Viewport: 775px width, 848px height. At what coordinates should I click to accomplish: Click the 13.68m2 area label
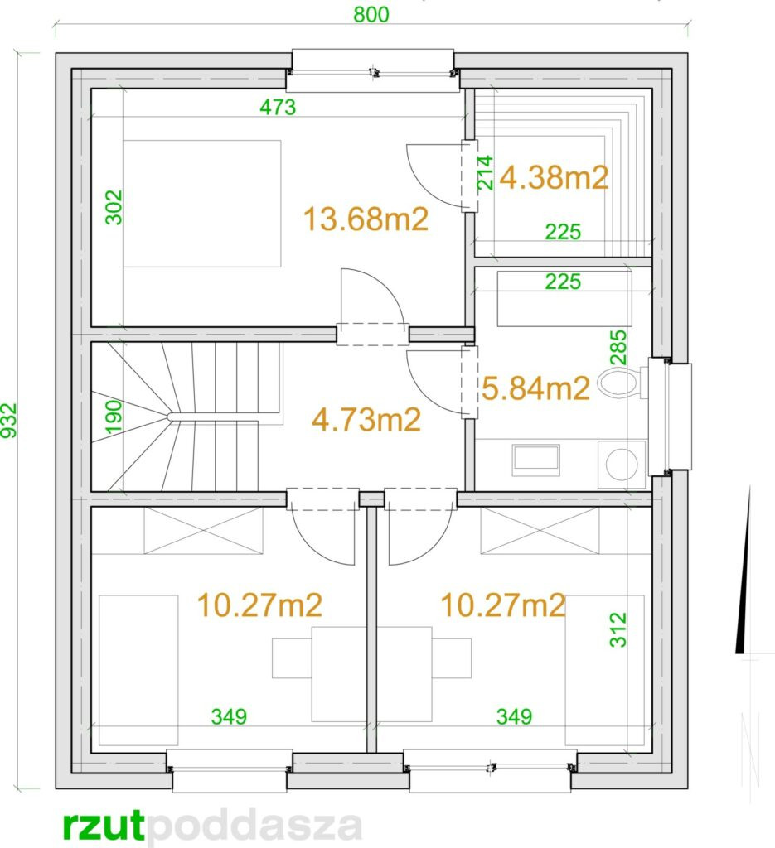tap(366, 219)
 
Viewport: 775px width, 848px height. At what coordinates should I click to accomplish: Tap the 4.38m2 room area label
tap(554, 177)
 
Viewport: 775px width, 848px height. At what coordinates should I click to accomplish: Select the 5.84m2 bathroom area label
tap(535, 388)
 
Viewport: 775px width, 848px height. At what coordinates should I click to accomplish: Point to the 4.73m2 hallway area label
tap(366, 420)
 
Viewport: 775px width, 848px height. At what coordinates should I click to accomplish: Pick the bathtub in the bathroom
tap(564, 298)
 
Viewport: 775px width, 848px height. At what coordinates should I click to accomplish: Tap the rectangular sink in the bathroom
tap(535, 460)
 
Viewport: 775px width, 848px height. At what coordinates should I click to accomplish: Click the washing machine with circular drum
tap(622, 465)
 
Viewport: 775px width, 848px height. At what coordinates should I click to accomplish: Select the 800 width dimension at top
tap(371, 15)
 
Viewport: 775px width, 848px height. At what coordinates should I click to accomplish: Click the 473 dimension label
tap(278, 107)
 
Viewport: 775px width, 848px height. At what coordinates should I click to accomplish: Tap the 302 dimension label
tap(114, 207)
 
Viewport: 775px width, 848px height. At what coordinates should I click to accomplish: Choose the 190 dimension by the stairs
tap(114, 417)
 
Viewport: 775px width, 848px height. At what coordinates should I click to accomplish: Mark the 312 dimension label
tap(618, 629)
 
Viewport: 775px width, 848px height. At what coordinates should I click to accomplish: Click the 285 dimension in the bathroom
tap(618, 347)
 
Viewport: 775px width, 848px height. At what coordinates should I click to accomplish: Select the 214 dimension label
tap(486, 172)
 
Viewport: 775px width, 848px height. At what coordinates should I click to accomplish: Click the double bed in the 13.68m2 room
tap(202, 204)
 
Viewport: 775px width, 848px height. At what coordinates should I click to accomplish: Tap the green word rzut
tap(104, 826)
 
